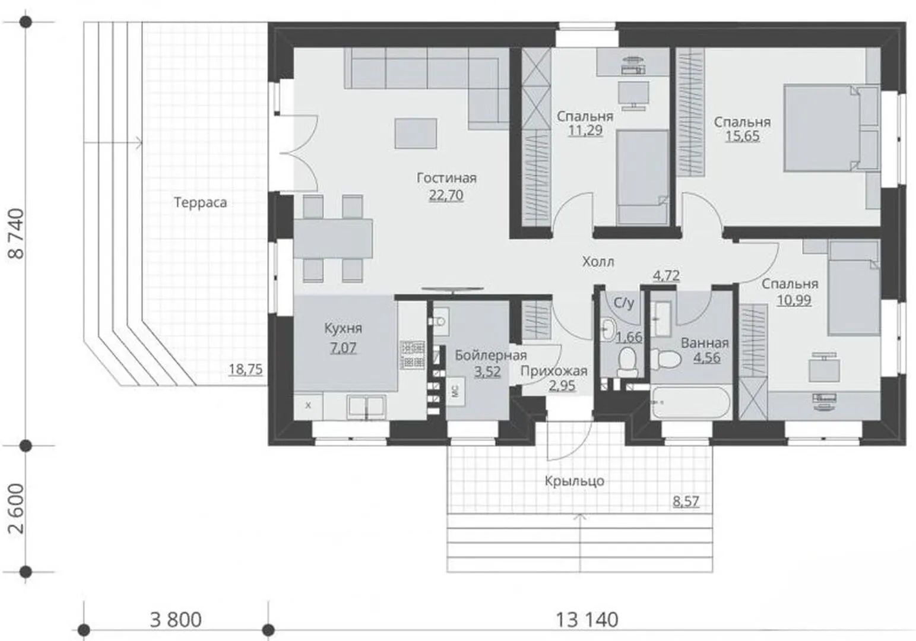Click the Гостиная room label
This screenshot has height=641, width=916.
446,178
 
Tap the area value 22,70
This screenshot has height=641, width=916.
446,195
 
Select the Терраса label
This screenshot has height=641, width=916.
201,202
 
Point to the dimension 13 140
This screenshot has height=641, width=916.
587,620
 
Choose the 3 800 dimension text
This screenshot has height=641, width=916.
176,620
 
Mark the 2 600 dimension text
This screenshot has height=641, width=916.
17,509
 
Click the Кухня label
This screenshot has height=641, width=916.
343,328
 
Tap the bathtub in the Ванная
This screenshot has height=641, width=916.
691,402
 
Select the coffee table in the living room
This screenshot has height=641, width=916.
416,134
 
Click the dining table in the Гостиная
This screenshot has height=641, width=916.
333,239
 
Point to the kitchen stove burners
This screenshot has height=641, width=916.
412,355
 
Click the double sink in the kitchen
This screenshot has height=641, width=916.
366,407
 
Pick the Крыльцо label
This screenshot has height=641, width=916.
574,481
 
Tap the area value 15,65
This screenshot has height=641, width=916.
743,136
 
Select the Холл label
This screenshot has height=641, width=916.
598,262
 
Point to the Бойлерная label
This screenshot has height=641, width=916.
491,356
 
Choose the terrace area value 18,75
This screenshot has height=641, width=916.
245,370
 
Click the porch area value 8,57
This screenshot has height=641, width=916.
686,501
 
